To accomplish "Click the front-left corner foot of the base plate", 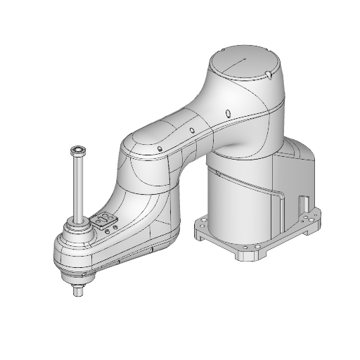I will point(201,227).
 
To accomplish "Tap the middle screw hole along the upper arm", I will point(191,130).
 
